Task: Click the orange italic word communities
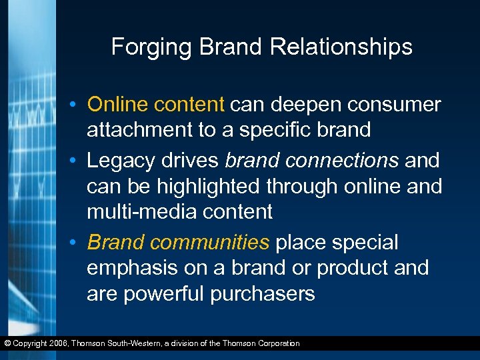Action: tap(210, 243)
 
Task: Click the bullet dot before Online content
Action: tap(79, 105)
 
